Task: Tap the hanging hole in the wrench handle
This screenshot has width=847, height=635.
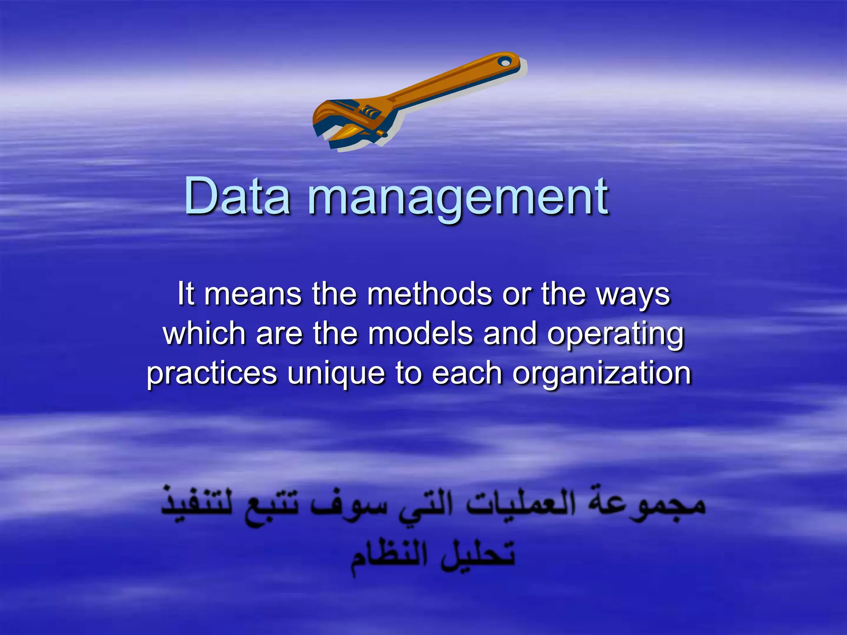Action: tap(504, 62)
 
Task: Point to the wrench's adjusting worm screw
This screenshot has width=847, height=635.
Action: tap(368, 111)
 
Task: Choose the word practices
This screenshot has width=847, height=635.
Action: tap(212, 373)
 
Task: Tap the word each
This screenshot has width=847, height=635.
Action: tap(467, 373)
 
